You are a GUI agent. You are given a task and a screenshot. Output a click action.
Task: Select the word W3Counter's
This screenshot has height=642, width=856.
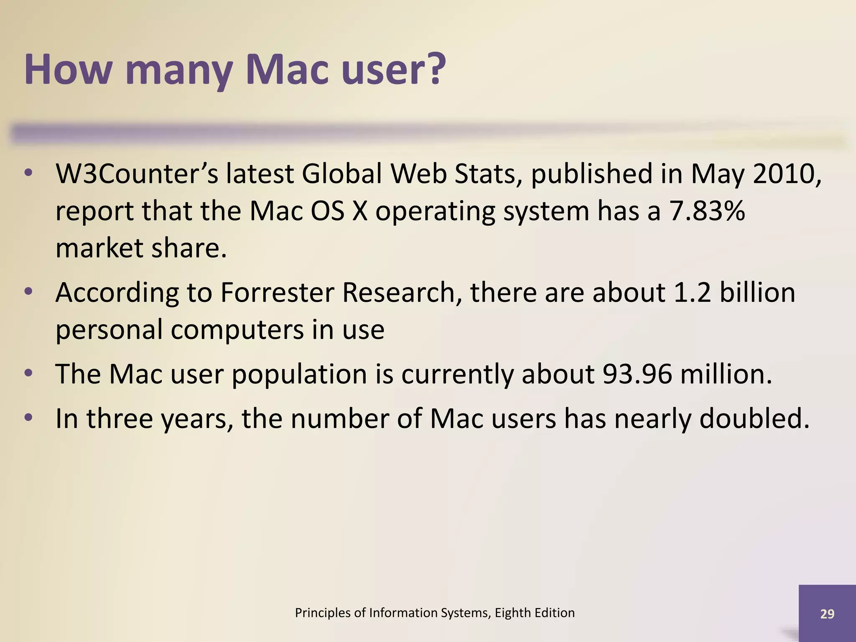point(137,173)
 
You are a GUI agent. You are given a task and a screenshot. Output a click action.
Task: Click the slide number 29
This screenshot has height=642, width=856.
point(827,614)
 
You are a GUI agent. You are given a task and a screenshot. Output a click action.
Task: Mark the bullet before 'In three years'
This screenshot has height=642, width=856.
point(28,418)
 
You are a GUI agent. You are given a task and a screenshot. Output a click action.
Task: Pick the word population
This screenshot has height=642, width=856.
point(299,374)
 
